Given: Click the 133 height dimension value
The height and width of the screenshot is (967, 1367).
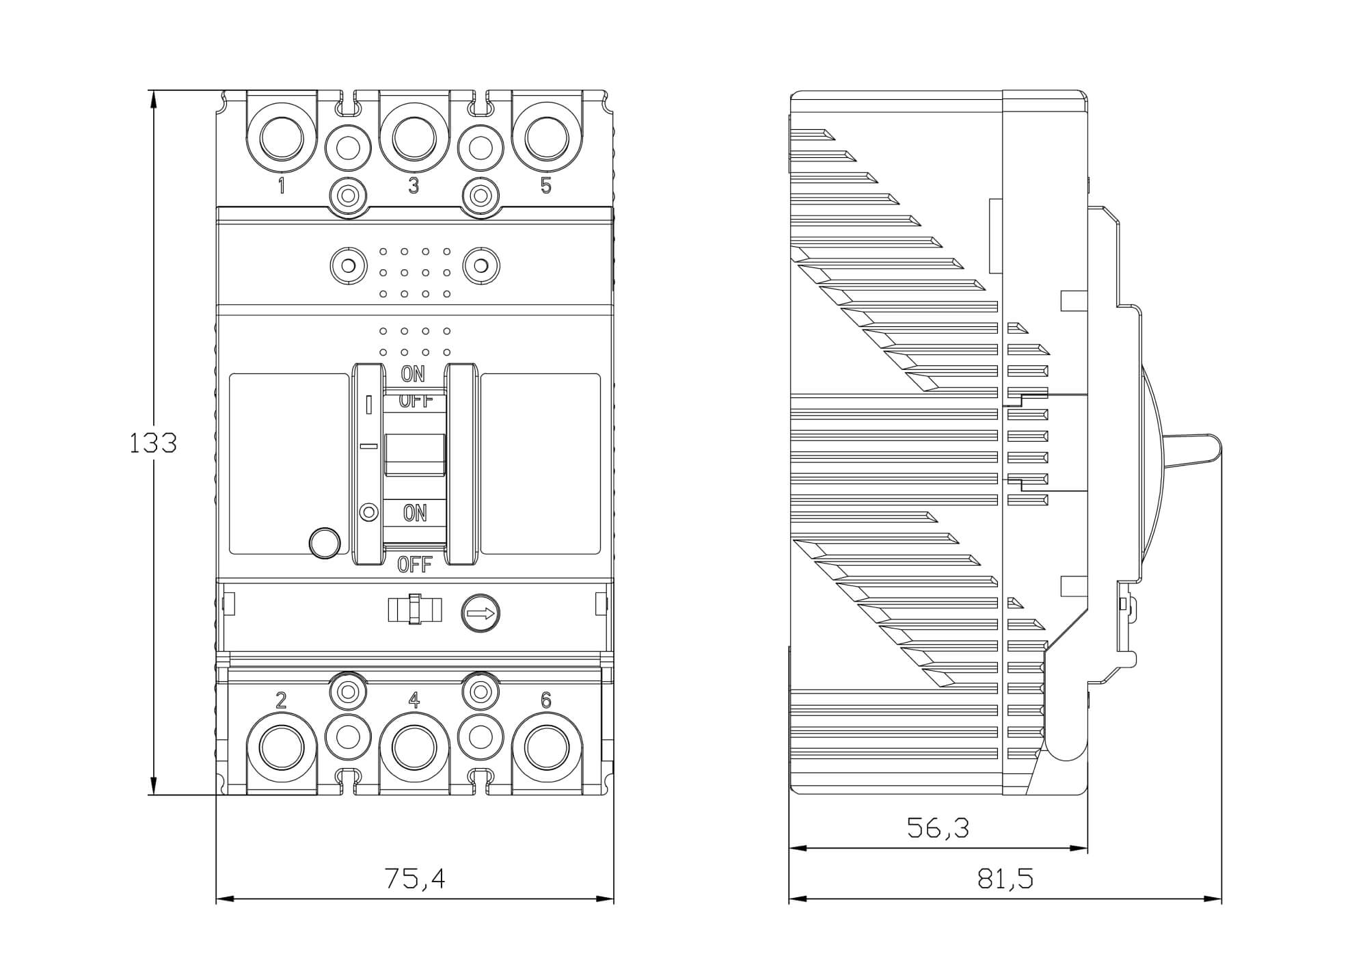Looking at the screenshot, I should coord(153,443).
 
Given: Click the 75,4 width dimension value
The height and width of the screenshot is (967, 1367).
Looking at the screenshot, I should coord(415,879).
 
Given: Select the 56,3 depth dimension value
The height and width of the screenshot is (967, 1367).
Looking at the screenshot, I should coord(938,828).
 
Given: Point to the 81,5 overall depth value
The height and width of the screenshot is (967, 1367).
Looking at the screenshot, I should coord(1005,879).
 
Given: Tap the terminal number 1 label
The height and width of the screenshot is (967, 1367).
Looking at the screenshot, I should coord(281,185).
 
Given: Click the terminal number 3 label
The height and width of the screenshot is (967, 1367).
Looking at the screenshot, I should coord(414,185).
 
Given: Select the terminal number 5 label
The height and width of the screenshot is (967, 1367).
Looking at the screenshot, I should coord(545,185).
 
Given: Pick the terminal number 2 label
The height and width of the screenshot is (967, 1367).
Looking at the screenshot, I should coord(281,700).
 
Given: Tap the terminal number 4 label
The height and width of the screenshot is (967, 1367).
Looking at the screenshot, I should coord(414,700).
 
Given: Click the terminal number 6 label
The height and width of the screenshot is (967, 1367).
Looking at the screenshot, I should coord(545,700).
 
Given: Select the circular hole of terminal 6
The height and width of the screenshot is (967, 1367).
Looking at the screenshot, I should coord(546,749).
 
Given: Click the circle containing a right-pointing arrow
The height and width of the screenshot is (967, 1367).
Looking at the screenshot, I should coord(481,613).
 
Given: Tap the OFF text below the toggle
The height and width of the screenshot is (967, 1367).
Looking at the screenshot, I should coord(415,565).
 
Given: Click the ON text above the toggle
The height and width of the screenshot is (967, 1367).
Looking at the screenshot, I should coord(413,374).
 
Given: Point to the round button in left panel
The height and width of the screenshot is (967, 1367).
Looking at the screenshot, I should coord(325,543).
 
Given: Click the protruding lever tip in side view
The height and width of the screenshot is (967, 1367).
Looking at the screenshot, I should coord(1210,451).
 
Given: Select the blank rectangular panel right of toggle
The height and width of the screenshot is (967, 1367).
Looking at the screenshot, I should coord(540,463).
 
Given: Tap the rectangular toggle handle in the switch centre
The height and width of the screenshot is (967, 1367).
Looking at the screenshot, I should coord(415,454).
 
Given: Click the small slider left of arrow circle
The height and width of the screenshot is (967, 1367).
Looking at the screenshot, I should coord(414,609).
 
